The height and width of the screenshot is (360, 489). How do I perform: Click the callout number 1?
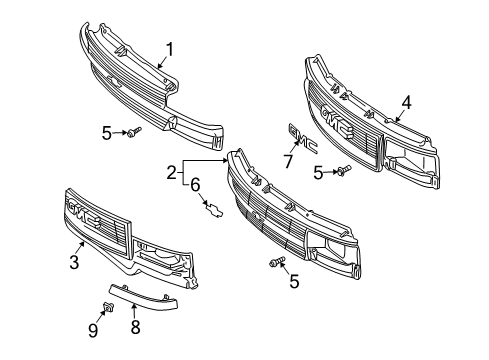pos(170,47)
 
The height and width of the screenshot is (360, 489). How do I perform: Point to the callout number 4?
pos(407,100)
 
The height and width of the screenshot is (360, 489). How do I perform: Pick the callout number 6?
pos(196,183)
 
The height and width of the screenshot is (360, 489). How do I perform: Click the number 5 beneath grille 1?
pos(106,131)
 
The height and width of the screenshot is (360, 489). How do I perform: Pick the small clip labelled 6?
pos(213,207)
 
